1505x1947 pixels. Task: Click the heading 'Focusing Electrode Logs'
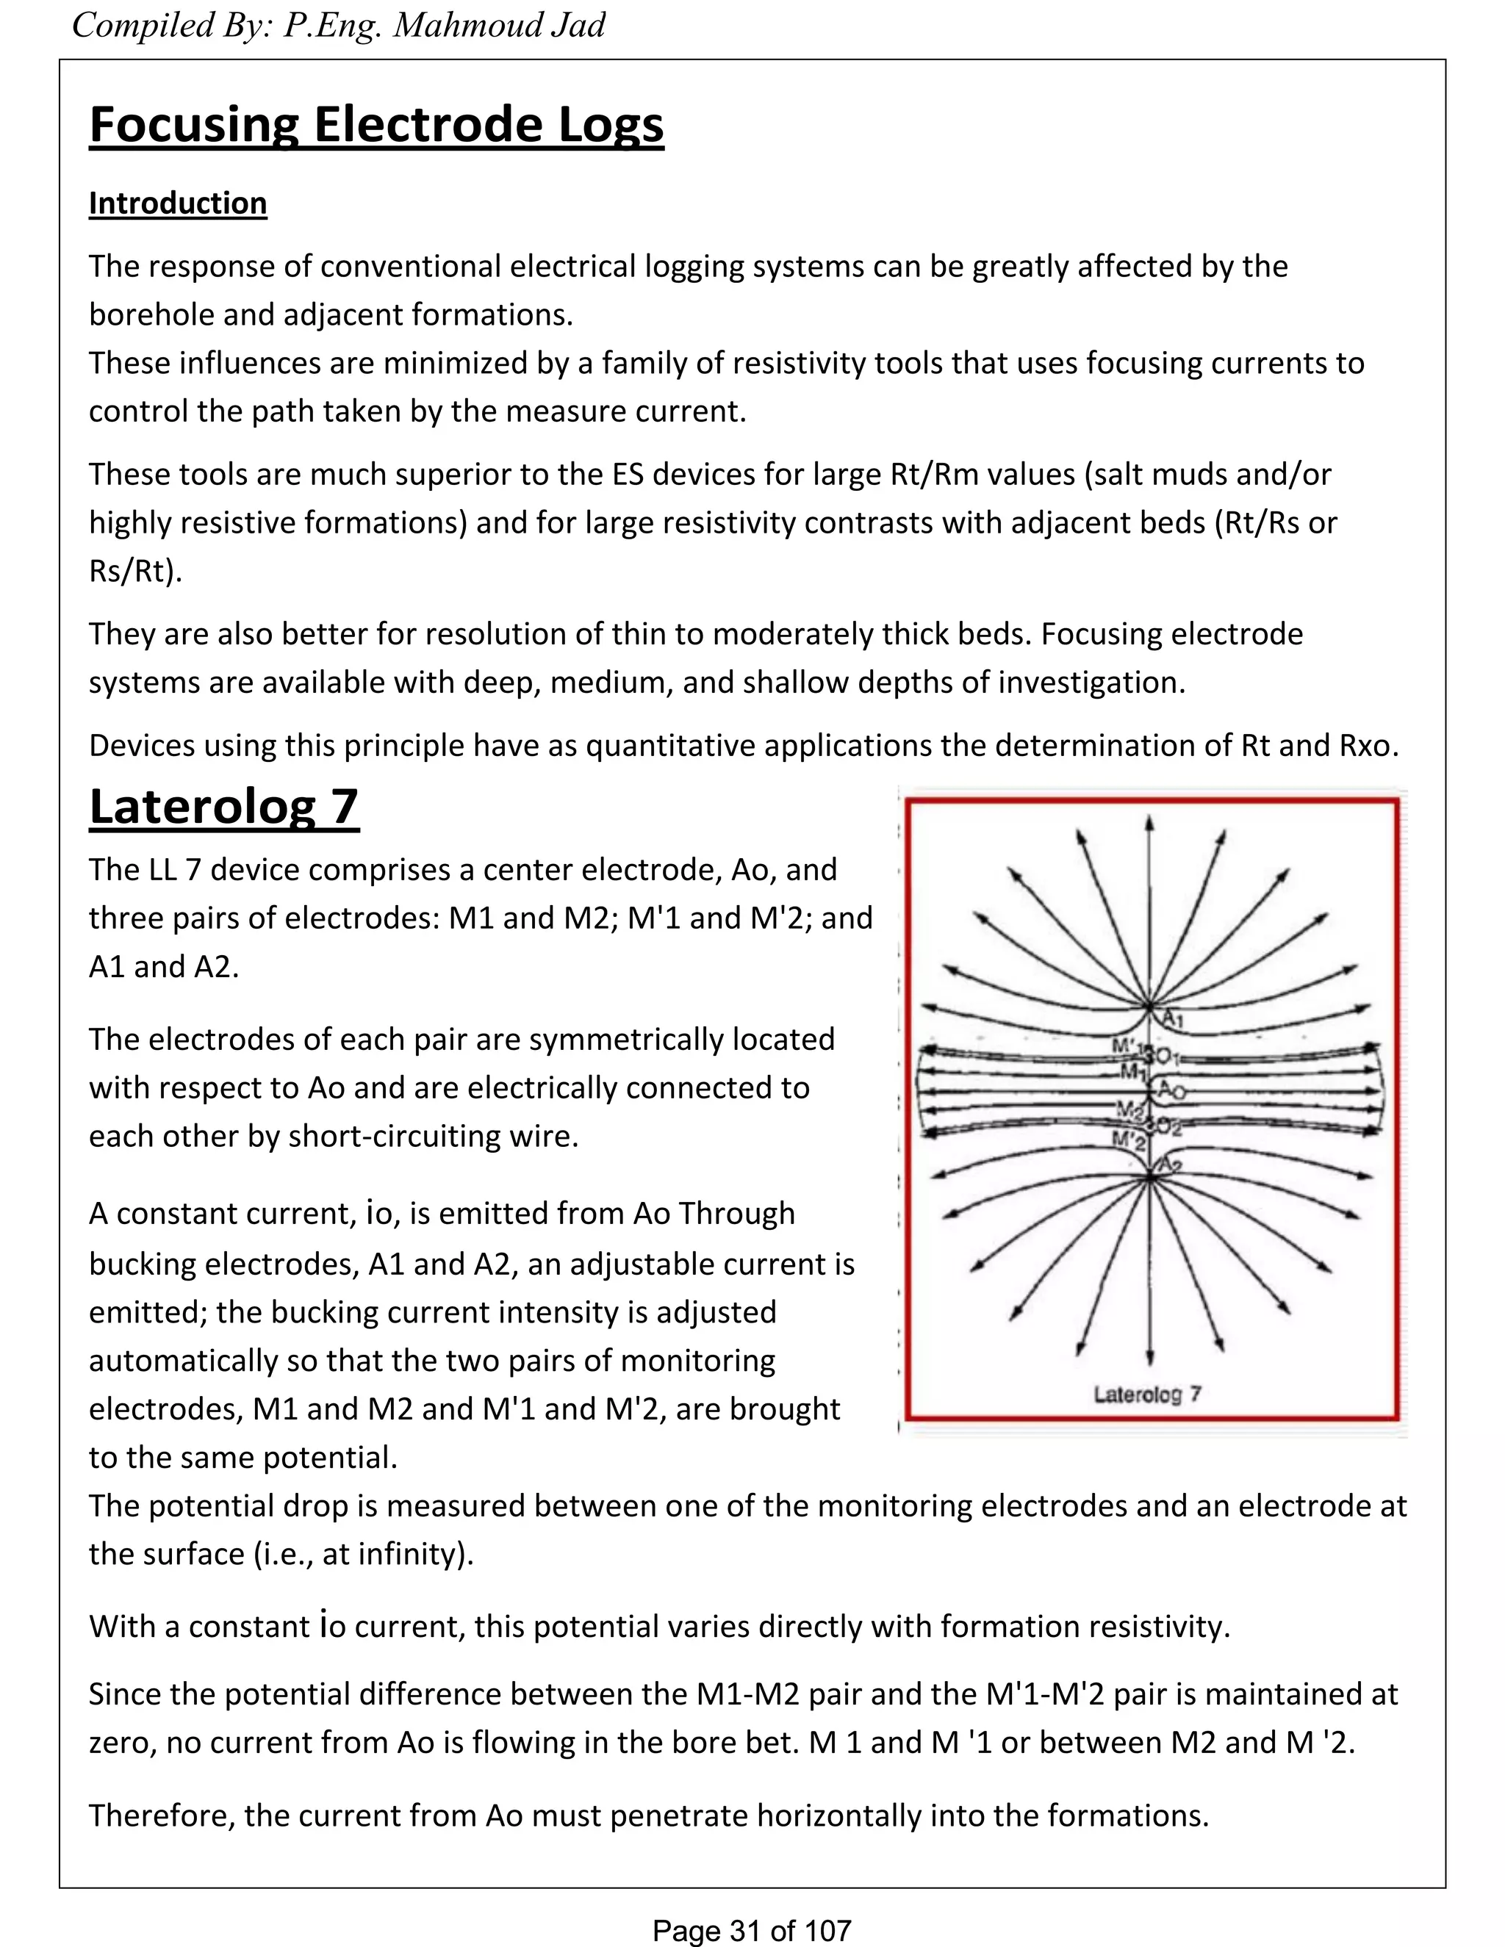click(376, 125)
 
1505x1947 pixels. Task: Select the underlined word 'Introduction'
click(177, 204)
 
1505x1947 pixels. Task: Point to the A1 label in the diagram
click(1174, 1019)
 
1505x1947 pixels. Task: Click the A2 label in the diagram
click(1171, 1166)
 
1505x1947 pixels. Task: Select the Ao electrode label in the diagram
click(1171, 1091)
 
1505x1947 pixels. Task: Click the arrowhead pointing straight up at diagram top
click(1150, 824)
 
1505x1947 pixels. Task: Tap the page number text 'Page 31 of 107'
click(752, 1931)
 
